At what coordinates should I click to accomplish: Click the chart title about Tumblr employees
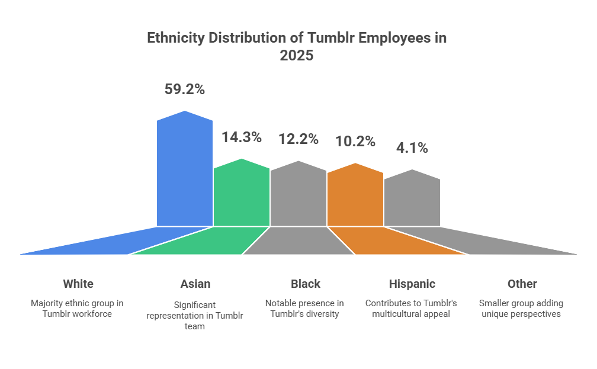297,47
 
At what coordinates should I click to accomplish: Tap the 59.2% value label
184,89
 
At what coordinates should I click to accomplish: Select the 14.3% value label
241,137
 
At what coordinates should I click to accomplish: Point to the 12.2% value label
298,139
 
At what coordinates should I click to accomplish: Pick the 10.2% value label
355,142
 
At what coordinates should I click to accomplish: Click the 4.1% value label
412,148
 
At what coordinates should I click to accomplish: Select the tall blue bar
185,172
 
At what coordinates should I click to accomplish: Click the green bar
242,195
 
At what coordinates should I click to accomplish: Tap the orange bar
355,198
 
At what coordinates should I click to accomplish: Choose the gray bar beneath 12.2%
298,195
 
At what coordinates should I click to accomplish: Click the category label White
78,284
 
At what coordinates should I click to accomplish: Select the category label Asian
195,284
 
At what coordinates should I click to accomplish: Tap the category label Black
306,284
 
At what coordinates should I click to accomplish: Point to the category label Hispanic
412,284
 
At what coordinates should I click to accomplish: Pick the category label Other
522,284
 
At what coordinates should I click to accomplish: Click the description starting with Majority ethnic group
77,308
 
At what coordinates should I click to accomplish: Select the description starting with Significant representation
195,315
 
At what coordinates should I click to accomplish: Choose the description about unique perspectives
521,308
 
